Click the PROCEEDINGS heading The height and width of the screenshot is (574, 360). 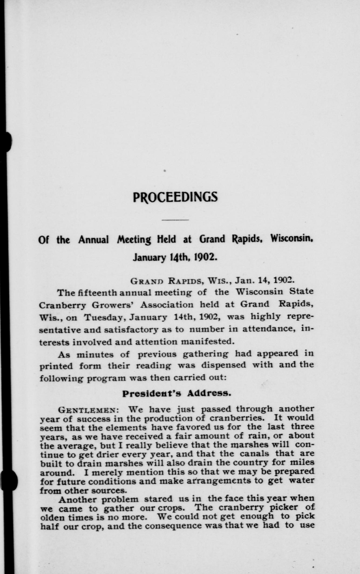pos(175,197)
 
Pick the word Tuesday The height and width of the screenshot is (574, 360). pos(104,317)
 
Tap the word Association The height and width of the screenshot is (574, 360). pos(167,305)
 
